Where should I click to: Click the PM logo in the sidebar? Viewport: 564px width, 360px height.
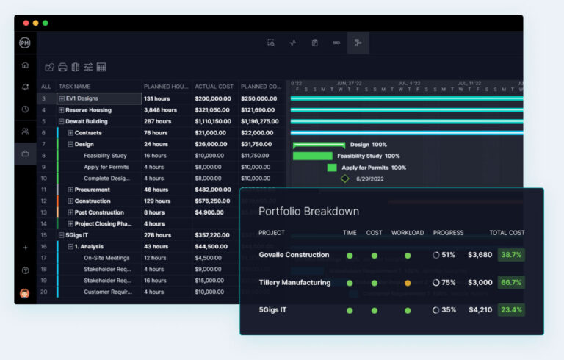pos(25,43)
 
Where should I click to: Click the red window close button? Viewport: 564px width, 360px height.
pos(26,23)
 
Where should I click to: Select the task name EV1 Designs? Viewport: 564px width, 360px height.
pos(82,98)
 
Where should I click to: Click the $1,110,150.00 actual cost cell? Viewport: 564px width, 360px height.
pos(213,121)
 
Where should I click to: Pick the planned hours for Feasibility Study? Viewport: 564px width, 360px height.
pos(155,156)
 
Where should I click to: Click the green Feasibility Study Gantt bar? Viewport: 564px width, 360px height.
pos(312,156)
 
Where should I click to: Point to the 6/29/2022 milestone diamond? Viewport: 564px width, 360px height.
pos(344,179)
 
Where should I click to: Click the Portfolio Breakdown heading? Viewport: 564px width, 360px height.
pos(308,211)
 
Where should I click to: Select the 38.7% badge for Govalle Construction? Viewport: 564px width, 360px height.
pos(510,255)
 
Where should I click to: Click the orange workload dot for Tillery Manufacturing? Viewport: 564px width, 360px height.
pos(408,283)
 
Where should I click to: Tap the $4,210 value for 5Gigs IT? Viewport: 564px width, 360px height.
pos(480,310)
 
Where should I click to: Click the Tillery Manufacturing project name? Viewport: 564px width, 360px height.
pos(294,283)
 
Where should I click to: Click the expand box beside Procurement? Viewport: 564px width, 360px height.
pos(70,190)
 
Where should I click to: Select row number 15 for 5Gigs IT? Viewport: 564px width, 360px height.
pos(43,235)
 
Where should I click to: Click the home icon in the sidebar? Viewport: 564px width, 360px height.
pos(25,65)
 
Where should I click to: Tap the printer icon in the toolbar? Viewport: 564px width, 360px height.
pos(62,67)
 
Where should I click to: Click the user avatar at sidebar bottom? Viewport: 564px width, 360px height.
pos(25,293)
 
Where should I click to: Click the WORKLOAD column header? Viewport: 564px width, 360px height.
pos(407,233)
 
